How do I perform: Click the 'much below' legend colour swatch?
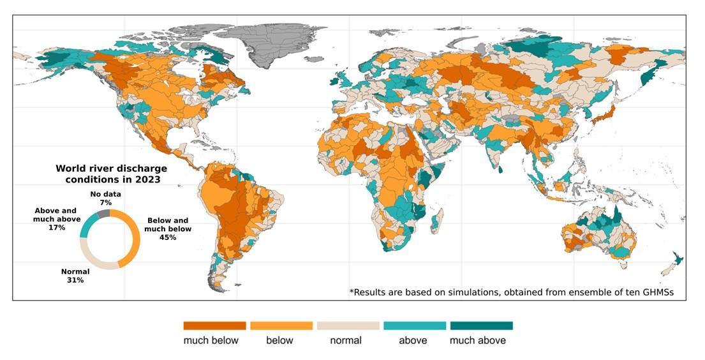pyautogui.click(x=214, y=326)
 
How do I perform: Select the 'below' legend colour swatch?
pyautogui.click(x=281, y=326)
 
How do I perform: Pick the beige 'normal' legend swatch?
pyautogui.click(x=348, y=326)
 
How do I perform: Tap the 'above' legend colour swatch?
pyautogui.click(x=414, y=326)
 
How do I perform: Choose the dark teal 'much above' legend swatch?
pyautogui.click(x=481, y=326)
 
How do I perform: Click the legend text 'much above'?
pyautogui.click(x=477, y=341)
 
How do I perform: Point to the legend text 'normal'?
pyautogui.click(x=346, y=341)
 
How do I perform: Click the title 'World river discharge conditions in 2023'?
pyautogui.click(x=111, y=174)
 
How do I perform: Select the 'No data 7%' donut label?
pyautogui.click(x=105, y=197)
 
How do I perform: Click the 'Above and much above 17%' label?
pyautogui.click(x=57, y=219)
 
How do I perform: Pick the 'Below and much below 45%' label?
pyautogui.click(x=168, y=229)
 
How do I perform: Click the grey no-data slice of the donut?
pyautogui.click(x=105, y=214)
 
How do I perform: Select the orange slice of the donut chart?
pyautogui.click(x=133, y=239)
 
